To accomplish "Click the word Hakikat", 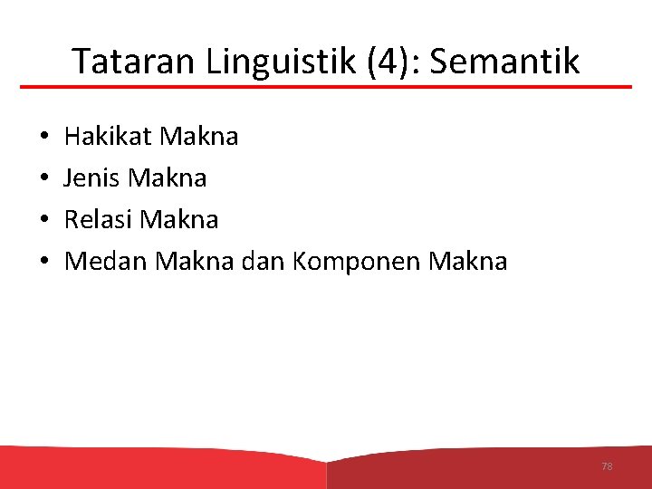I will click(109, 137).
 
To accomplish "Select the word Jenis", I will click(93, 178).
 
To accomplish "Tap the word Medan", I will click(107, 262).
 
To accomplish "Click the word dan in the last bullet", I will click(264, 262).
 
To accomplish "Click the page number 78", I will click(607, 466).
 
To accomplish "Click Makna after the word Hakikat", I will click(199, 137).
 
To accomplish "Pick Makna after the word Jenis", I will click(168, 178).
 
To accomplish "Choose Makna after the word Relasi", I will click(180, 220).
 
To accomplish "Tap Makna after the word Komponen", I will click(468, 262).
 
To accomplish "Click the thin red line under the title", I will click(326, 87).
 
